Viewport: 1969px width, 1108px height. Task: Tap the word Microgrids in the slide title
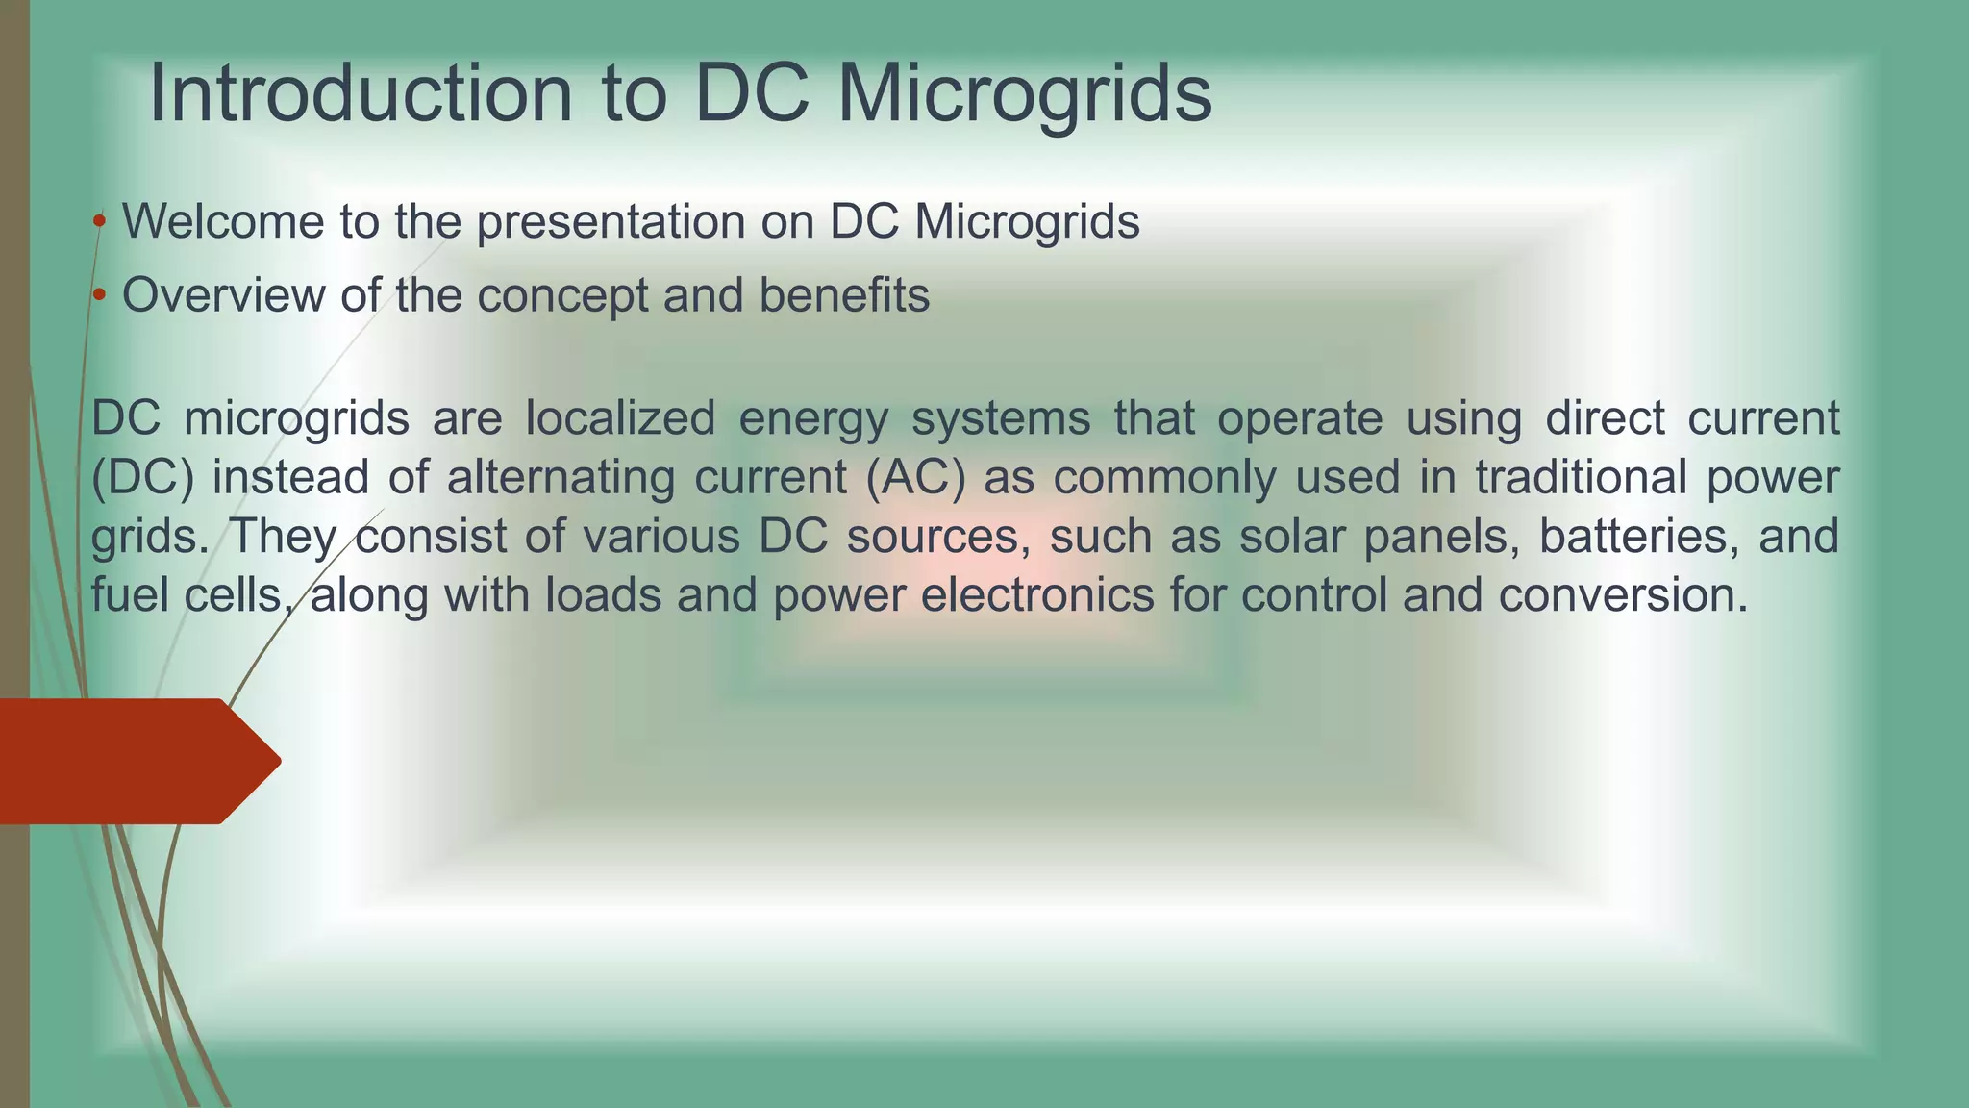tap(1024, 93)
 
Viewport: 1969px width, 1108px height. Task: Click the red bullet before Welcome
tap(99, 222)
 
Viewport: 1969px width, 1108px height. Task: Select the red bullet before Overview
tap(99, 295)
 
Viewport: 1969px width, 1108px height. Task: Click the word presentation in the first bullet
tap(611, 222)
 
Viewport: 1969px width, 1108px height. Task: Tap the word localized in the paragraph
tap(620, 418)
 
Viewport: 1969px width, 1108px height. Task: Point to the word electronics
tap(1037, 595)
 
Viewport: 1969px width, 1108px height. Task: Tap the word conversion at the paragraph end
tap(1622, 595)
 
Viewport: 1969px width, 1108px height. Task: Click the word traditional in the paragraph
tap(1581, 478)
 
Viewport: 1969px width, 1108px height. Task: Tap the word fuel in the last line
tap(130, 595)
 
